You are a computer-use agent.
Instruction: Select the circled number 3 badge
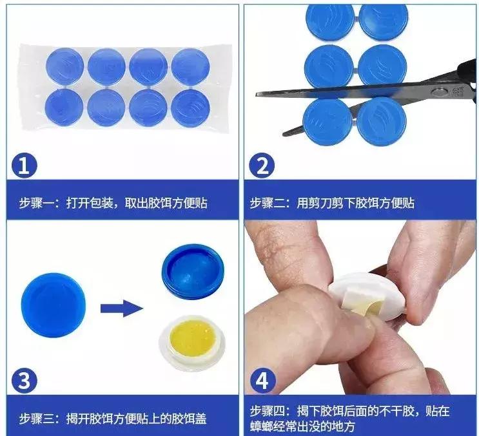pyautogui.click(x=24, y=382)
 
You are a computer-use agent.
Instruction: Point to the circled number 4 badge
pyautogui.click(x=262, y=382)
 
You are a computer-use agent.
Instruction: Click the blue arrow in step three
pyautogui.click(x=121, y=307)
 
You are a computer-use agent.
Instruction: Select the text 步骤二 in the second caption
pyautogui.click(x=267, y=204)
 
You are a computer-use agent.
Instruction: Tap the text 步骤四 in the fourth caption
pyautogui.click(x=267, y=410)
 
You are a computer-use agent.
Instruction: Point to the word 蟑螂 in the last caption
pyautogui.click(x=262, y=426)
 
